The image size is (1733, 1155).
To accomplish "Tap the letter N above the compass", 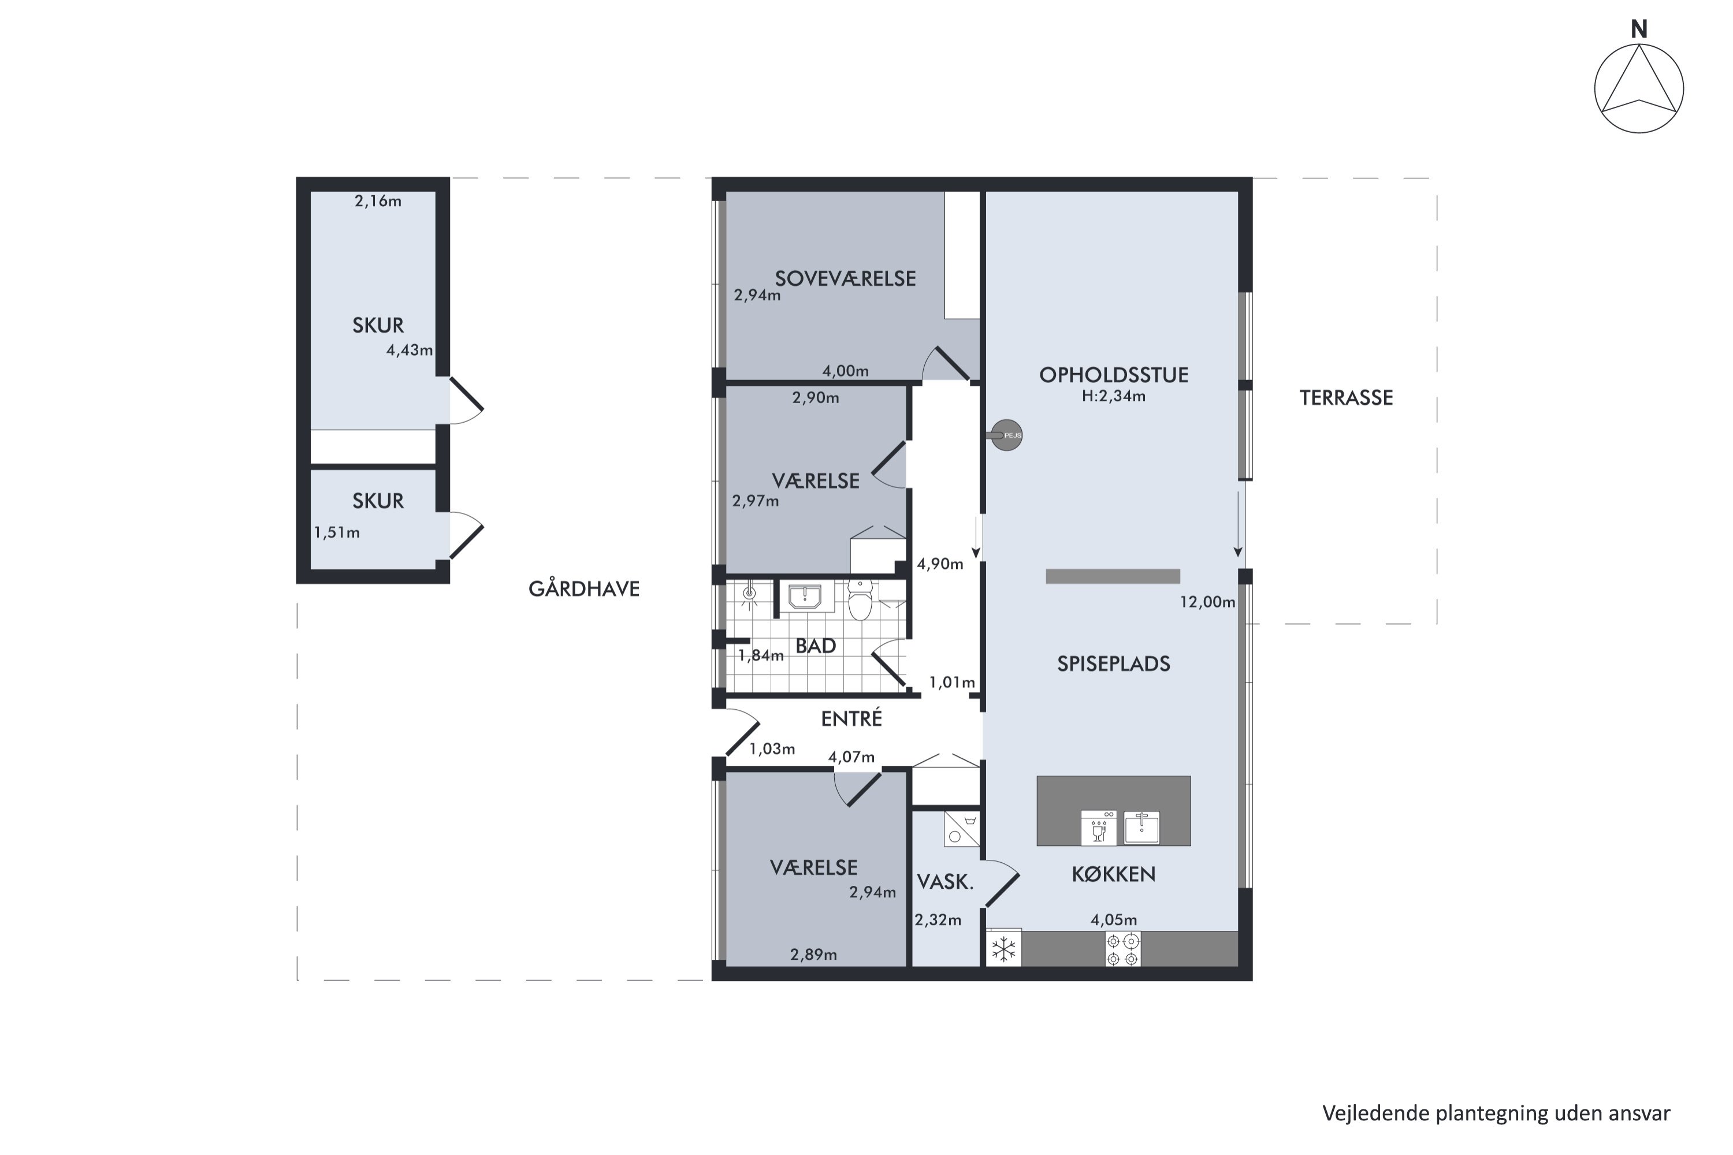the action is (1639, 29).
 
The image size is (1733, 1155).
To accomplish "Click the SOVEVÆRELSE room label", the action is (845, 278).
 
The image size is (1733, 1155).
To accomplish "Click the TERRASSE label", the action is (1345, 398).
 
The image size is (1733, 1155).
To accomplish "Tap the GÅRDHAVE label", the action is (583, 588).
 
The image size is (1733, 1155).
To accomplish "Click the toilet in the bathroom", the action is (860, 599).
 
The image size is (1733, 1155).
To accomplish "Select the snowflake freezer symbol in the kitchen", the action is (1003, 949).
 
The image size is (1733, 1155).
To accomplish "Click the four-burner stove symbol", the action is (1123, 949).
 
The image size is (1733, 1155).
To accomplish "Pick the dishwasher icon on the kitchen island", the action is (1099, 827).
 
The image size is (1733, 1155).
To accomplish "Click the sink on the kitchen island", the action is (1141, 827).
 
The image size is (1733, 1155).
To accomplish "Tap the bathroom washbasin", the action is (805, 597).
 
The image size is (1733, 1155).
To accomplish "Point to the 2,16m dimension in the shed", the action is (377, 201).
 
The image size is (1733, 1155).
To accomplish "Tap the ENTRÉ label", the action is (851, 718).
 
